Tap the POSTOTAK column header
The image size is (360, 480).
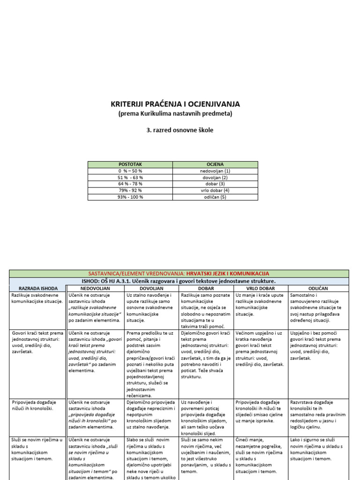click(x=130, y=165)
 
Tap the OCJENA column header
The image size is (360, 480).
click(x=215, y=165)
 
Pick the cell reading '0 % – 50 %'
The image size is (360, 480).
click(x=130, y=171)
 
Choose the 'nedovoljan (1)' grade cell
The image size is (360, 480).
click(x=215, y=171)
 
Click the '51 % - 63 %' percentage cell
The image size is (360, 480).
click(x=130, y=178)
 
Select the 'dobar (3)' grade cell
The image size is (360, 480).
click(x=215, y=184)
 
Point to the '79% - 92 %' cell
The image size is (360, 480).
click(x=130, y=190)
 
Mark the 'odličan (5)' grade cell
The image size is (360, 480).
click(x=215, y=197)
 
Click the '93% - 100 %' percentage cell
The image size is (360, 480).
click(x=130, y=197)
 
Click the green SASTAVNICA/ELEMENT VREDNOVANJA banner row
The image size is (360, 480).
click(x=180, y=273)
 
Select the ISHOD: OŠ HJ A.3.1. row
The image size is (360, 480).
click(x=180, y=281)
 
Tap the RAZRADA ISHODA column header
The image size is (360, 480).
click(x=38, y=288)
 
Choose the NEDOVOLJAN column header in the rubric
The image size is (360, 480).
click(x=95, y=288)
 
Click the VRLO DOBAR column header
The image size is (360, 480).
click(x=260, y=288)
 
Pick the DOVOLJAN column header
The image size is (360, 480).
click(x=151, y=288)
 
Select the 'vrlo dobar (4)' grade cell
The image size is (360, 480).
click(x=215, y=190)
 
